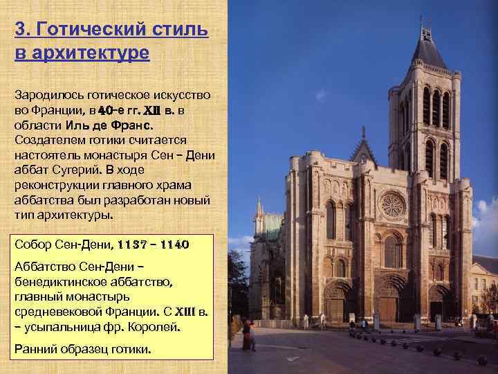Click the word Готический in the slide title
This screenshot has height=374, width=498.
point(93,30)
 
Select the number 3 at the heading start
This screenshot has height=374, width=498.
point(19,30)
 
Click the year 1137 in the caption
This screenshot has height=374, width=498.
point(133,244)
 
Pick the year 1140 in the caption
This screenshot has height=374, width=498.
point(173,244)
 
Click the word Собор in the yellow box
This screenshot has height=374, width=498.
point(33,244)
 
